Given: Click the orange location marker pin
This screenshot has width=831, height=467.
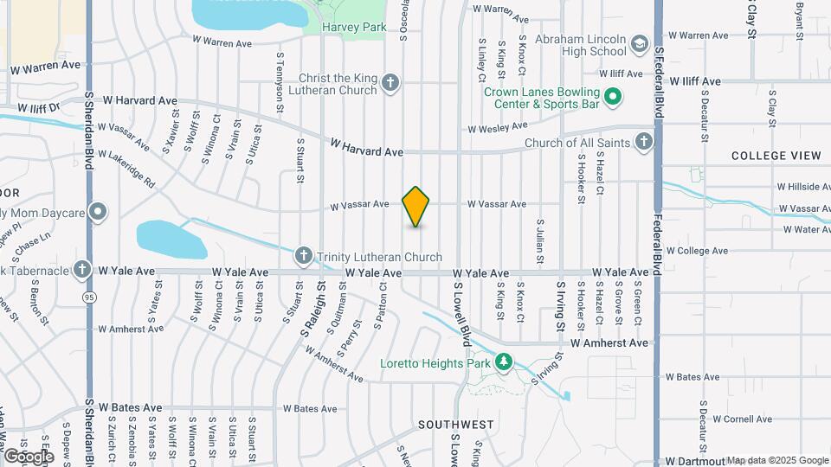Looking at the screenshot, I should [416, 207].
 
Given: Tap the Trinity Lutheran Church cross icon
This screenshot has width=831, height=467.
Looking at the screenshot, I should [303, 256].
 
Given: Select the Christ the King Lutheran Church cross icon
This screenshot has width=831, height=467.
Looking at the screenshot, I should [390, 84].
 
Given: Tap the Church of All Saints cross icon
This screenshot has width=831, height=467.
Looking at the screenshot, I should [643, 142].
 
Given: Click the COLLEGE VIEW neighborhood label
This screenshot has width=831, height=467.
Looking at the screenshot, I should [776, 156].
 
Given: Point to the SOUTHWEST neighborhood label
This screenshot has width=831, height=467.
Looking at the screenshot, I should [456, 425].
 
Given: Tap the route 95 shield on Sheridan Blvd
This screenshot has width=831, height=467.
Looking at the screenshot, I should [88, 297].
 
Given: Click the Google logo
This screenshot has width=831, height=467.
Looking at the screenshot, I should [29, 456].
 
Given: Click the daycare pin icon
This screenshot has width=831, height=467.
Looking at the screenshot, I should [99, 211].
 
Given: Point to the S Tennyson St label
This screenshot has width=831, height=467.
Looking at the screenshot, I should [280, 82].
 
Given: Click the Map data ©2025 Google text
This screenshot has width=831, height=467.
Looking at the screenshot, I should [776, 460].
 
